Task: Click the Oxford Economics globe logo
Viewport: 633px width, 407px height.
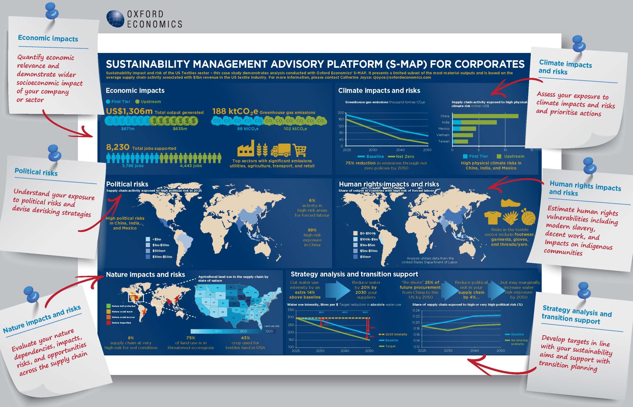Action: click(x=115, y=19)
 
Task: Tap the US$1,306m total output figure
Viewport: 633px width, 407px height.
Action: click(x=129, y=111)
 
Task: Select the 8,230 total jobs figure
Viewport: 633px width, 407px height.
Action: click(x=118, y=147)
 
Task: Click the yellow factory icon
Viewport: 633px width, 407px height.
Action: click(x=246, y=149)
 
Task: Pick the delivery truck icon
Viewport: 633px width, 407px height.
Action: click(x=280, y=150)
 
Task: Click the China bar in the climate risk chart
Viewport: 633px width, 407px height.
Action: click(x=485, y=116)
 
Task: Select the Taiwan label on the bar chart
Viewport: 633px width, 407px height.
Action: click(x=444, y=141)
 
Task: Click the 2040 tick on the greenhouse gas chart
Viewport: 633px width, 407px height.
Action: click(x=400, y=150)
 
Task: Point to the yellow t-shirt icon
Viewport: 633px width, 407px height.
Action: click(x=493, y=217)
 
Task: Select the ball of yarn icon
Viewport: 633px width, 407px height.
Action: click(x=528, y=217)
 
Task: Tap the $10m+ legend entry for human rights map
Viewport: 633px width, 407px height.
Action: click(x=365, y=257)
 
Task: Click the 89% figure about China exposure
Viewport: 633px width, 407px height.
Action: click(x=312, y=230)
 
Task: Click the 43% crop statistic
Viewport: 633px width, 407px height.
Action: click(x=245, y=338)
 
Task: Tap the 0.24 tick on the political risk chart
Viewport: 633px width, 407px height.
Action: click(x=416, y=310)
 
